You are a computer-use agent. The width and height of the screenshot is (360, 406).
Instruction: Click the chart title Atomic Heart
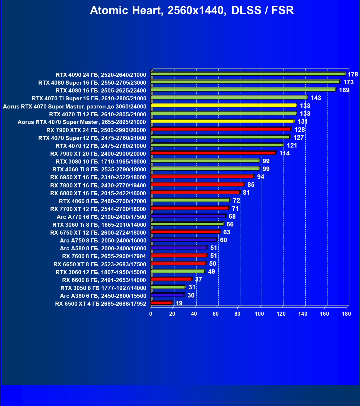click(x=192, y=11)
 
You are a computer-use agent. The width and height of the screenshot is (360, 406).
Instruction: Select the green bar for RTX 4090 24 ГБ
click(x=248, y=74)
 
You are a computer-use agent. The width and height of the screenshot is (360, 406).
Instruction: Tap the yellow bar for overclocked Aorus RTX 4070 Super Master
click(x=224, y=105)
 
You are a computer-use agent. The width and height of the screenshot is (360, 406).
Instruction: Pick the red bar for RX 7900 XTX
click(x=221, y=129)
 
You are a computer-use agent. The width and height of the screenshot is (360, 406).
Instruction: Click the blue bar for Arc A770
click(x=188, y=216)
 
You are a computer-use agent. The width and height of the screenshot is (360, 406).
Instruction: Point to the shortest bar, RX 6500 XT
click(x=162, y=303)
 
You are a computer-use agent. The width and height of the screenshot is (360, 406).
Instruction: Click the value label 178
click(x=353, y=74)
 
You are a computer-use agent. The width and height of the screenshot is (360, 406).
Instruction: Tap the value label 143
click(x=316, y=98)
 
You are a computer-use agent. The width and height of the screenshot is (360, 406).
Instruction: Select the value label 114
click(x=284, y=153)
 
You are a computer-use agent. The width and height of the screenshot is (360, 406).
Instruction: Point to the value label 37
click(x=198, y=279)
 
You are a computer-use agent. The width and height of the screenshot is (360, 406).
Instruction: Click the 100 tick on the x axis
click(x=259, y=314)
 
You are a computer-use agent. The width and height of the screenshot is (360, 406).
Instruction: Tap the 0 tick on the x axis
click(x=151, y=314)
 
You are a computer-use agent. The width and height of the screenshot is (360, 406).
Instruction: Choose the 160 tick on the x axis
click(x=324, y=314)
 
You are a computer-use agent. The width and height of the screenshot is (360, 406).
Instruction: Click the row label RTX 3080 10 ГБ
click(x=101, y=162)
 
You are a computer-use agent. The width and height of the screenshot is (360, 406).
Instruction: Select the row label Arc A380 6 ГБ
click(x=103, y=296)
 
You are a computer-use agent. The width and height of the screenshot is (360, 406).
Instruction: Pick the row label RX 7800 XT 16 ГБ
click(x=98, y=186)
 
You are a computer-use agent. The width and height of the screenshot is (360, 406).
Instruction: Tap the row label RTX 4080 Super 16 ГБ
click(x=92, y=83)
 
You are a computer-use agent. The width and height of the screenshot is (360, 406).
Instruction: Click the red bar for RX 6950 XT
click(x=202, y=177)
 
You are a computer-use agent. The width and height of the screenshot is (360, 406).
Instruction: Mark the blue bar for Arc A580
click(x=179, y=248)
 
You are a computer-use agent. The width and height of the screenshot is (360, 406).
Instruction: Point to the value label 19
click(x=179, y=303)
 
